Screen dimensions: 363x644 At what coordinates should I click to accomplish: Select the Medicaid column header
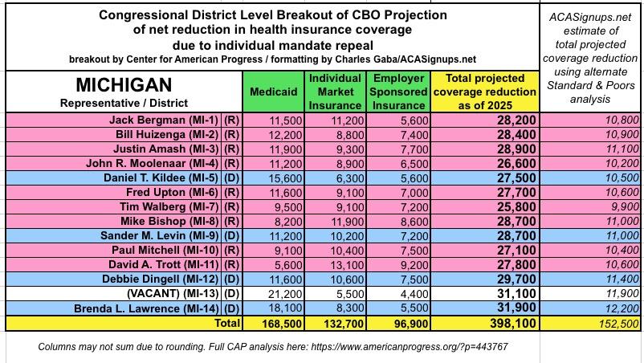point(273,92)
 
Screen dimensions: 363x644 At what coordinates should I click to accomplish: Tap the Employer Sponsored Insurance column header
point(398,92)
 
